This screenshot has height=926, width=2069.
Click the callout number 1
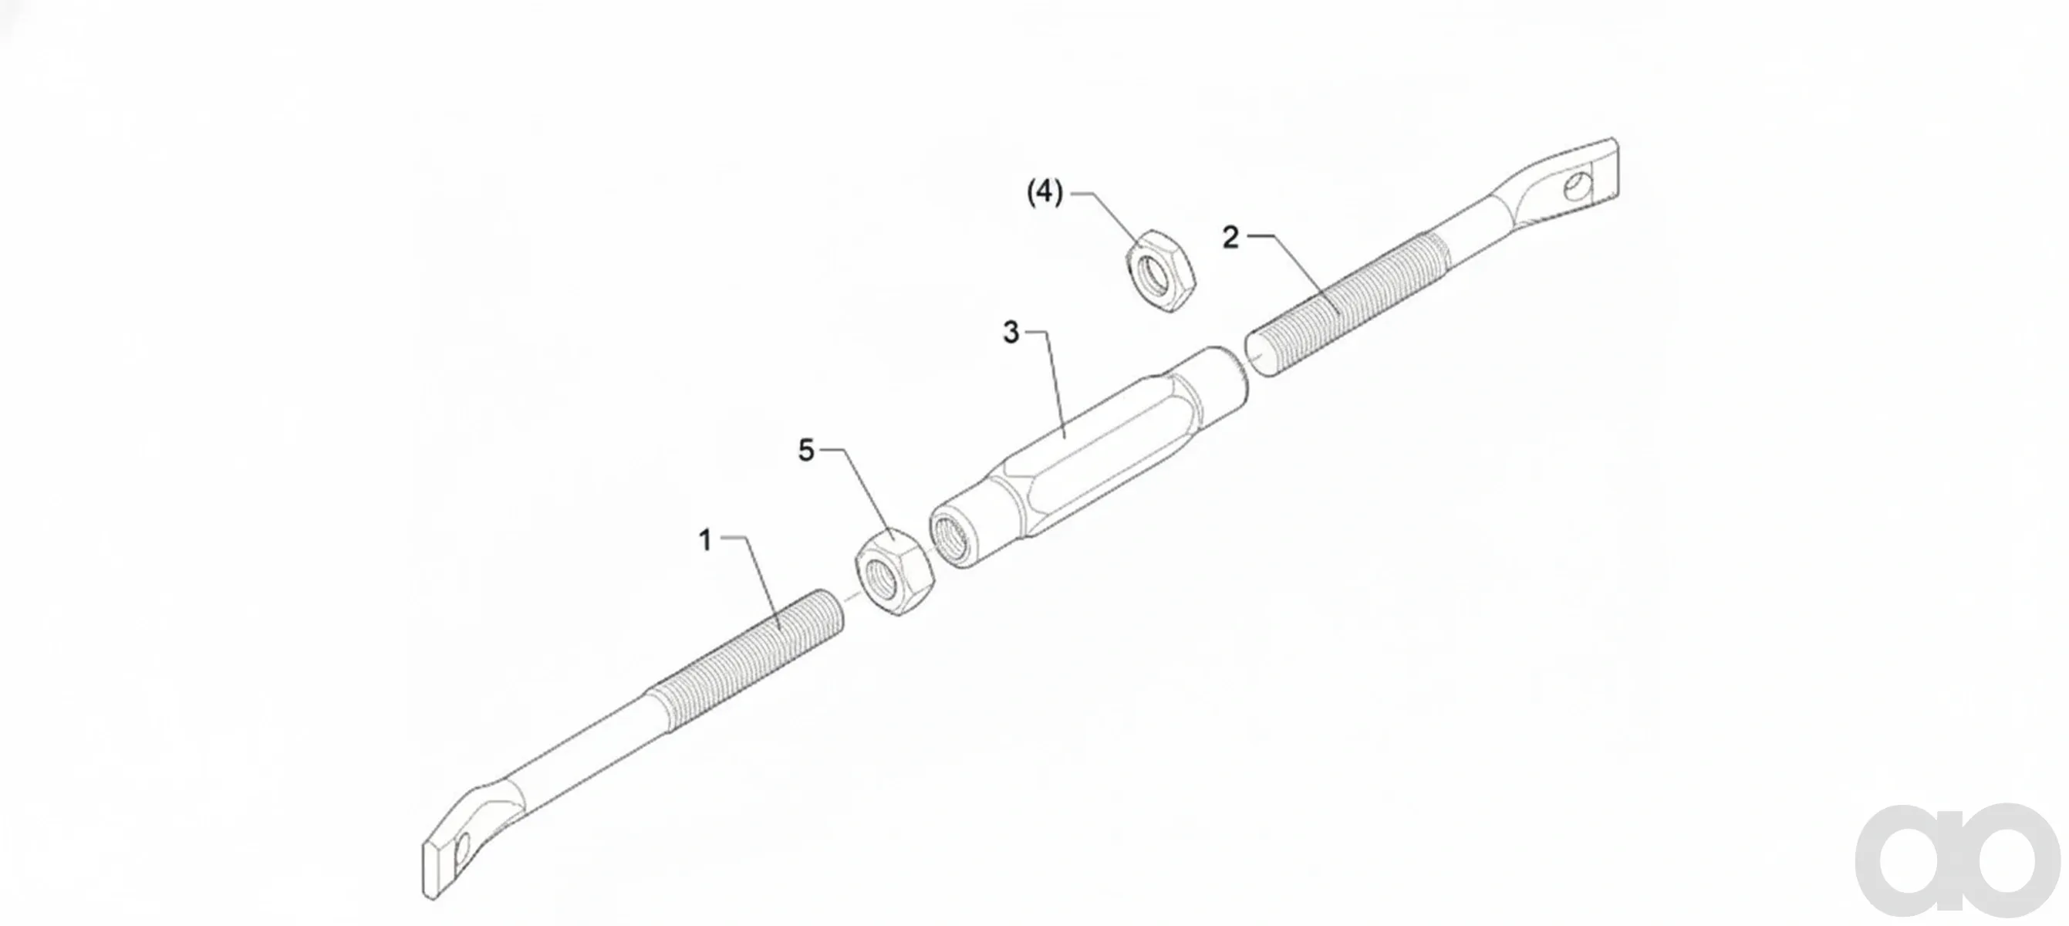(x=705, y=540)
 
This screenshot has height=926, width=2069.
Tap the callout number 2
(x=1230, y=238)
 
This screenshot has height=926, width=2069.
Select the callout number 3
(x=1011, y=333)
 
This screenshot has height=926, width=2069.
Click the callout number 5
(x=806, y=451)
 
